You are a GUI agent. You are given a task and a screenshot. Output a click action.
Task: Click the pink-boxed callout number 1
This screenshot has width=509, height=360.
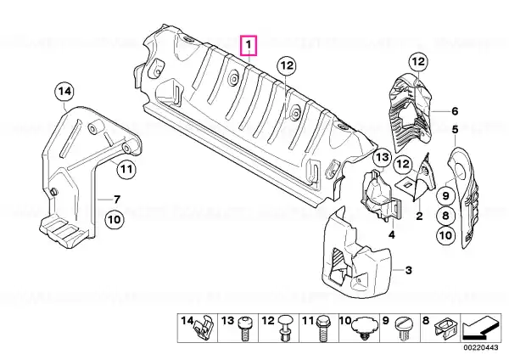tap(249, 46)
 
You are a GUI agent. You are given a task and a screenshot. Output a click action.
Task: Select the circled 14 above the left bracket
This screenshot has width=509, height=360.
tap(64, 92)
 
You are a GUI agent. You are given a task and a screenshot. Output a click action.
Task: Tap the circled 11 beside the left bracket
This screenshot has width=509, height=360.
tap(126, 169)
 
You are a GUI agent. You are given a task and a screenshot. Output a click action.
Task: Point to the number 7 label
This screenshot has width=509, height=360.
tap(116, 200)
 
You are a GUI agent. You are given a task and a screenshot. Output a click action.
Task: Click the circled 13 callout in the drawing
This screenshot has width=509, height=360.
tap(383, 158)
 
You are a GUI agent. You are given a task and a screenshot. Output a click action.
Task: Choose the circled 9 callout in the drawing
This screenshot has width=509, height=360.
tap(445, 195)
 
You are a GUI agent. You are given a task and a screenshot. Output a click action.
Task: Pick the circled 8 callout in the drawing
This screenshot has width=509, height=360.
tap(445, 216)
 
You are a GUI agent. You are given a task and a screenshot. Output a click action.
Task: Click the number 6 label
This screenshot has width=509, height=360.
tap(455, 111)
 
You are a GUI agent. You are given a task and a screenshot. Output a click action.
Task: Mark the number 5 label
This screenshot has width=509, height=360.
tap(455, 130)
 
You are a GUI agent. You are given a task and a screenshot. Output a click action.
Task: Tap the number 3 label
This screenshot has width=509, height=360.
tap(408, 270)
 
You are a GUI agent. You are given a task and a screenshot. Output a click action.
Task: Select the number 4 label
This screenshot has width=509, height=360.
tap(392, 234)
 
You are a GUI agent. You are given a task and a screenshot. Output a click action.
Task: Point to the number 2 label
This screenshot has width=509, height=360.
tap(419, 216)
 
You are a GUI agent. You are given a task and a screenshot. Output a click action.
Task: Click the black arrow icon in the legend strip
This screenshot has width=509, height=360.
tap(481, 329)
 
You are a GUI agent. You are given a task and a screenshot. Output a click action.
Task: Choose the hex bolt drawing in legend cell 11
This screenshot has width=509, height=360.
tap(322, 328)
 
